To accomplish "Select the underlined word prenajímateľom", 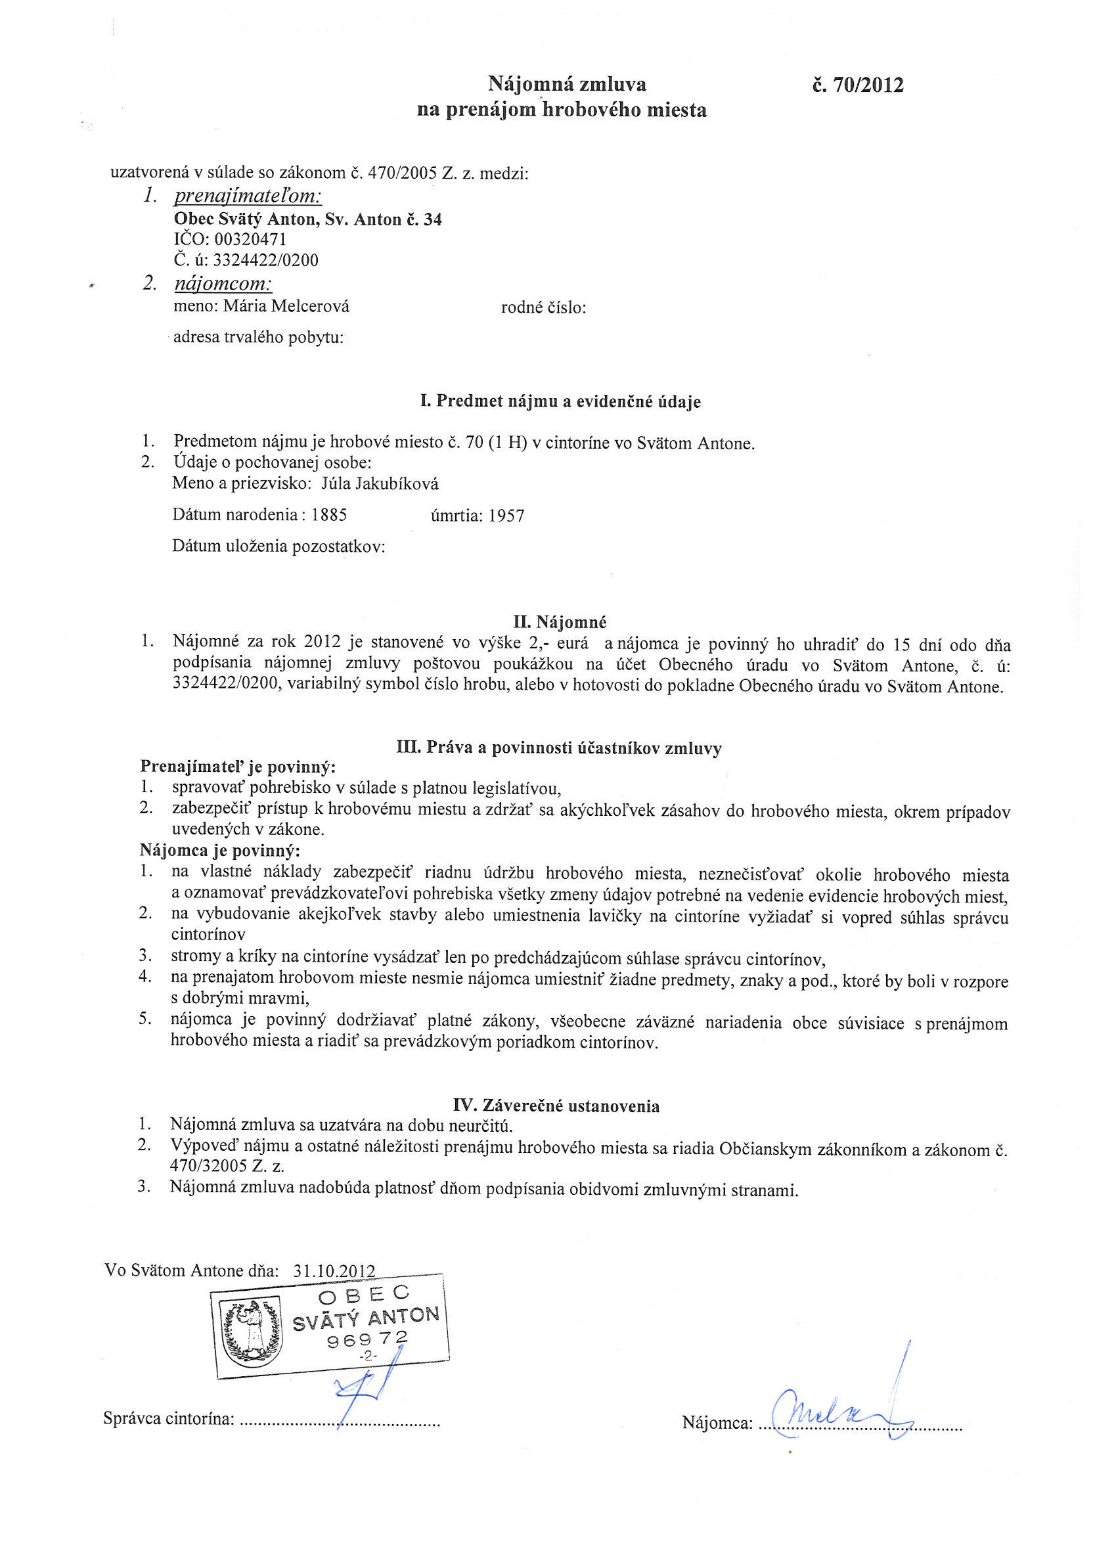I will pos(248,196).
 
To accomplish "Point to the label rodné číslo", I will pos(543,308).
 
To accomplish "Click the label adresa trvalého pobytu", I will pos(258,337).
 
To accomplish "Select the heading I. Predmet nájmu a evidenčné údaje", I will pos(560,402).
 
